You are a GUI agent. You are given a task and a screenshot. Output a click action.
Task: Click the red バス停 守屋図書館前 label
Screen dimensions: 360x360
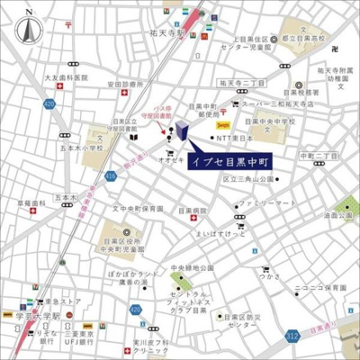coord(162,110)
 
